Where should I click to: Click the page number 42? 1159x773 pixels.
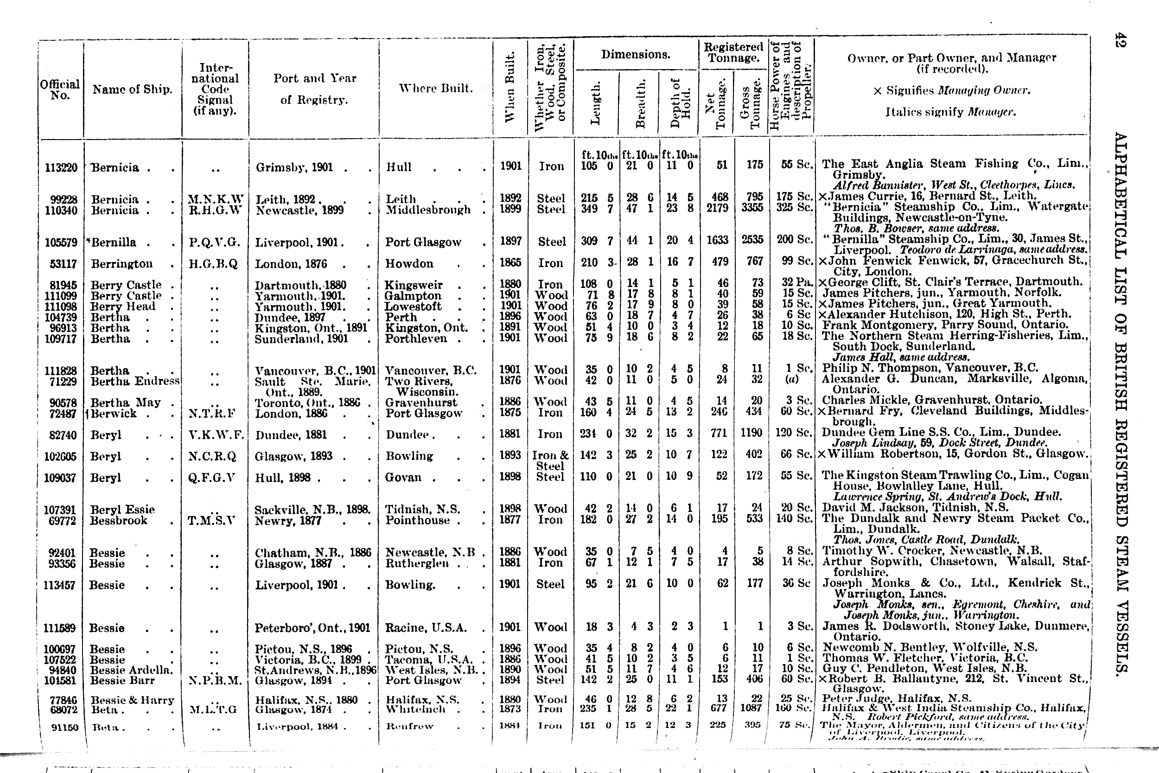[x=1121, y=40]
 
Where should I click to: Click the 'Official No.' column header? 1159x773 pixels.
[x=60, y=89]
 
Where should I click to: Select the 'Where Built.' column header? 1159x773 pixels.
[x=436, y=89]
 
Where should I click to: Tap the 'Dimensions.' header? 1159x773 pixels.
[x=635, y=55]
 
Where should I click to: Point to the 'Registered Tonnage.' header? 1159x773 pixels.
[x=733, y=52]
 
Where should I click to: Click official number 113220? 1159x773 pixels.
[x=61, y=167]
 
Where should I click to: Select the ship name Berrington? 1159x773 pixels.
[x=122, y=264]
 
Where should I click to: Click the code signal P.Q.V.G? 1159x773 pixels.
[x=214, y=242]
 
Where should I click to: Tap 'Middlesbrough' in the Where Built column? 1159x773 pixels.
[x=428, y=210]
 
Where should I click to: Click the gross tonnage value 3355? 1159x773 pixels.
[x=752, y=208]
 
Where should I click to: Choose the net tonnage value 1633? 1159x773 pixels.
[x=717, y=240]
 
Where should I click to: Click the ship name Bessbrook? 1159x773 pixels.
[x=118, y=521]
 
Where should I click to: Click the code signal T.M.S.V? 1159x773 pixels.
[x=211, y=521]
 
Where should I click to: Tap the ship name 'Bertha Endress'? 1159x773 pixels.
[x=135, y=381]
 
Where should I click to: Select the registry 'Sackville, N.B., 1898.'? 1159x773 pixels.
[x=312, y=510]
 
